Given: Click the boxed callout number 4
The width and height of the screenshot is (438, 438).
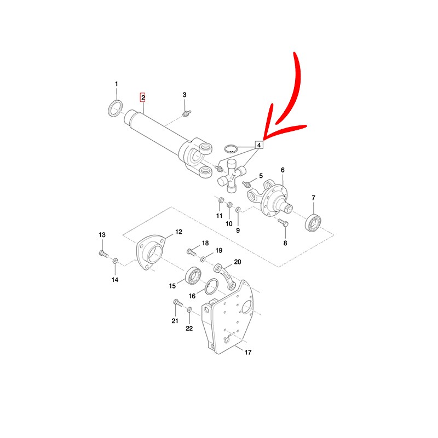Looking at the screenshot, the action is coord(259,145).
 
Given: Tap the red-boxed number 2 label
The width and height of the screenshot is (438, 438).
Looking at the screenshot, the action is coord(143,98).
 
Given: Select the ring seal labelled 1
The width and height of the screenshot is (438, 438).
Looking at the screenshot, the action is coord(115,108).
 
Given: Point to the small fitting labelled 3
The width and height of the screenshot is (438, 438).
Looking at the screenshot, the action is coord(186,113).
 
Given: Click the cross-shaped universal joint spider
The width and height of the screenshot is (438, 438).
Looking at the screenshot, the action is coord(232,176).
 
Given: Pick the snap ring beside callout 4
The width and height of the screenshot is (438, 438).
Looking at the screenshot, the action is coord(230,148).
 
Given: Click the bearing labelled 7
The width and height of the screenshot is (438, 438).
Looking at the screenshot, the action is coord(313,223).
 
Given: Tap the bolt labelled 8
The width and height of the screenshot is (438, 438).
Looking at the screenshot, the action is coord(283,223).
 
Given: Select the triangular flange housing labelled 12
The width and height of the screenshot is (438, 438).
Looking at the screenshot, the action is coord(149,252).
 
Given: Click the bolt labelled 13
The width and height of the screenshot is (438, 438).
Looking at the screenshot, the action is coord(103,253).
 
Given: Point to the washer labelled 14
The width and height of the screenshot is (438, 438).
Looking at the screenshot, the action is coord(115,261).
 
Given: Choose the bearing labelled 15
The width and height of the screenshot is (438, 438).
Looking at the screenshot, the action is coord(193,276).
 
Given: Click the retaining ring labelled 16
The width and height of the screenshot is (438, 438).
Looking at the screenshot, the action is coord(211,286).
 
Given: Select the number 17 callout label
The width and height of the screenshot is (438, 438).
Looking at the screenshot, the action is coord(248,352).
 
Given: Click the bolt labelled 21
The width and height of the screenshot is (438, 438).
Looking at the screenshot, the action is coord(177,302).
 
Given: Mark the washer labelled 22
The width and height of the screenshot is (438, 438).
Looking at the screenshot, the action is coord(189,309).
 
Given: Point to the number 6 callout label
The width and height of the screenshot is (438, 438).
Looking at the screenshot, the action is coord(283,170).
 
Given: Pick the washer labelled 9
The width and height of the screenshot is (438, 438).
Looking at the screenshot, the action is coord(238,209).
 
